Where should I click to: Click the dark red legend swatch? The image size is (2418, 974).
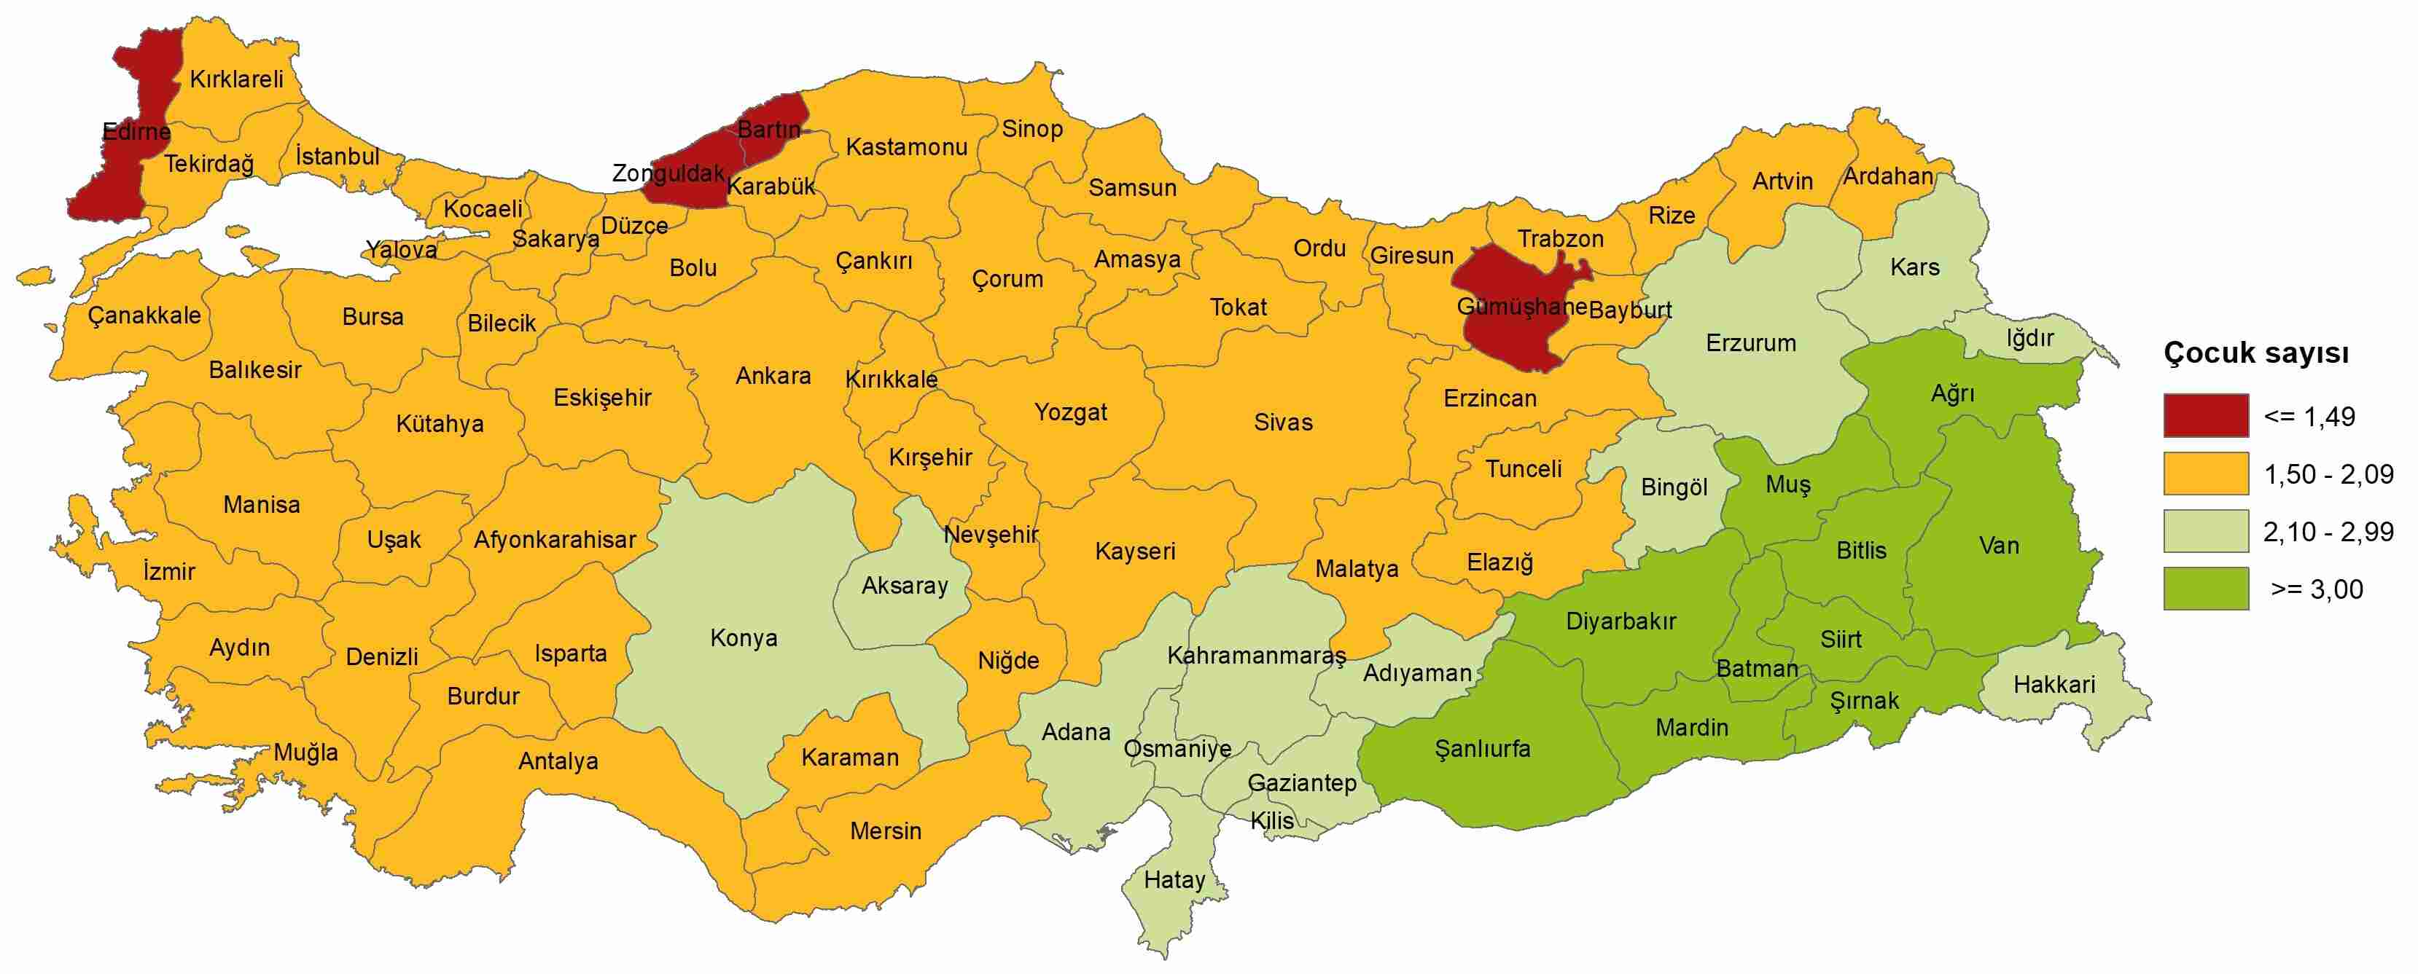2206,416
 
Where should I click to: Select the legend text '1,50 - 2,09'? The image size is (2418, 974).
2328,475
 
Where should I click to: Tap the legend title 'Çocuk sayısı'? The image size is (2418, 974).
2255,354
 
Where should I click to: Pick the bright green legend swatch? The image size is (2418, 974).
2206,589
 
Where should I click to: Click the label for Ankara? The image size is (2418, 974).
773,377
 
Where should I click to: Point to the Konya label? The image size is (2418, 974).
744,639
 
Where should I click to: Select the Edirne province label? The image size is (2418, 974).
136,131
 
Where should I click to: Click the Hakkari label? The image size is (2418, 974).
2054,685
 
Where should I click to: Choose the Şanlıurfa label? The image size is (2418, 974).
1482,749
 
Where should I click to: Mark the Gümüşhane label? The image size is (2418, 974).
1521,307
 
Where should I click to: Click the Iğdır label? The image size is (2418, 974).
2029,338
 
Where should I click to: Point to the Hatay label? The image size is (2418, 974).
1174,880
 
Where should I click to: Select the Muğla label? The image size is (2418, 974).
306,753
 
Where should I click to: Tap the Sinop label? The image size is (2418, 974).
1031,130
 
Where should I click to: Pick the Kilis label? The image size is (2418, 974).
1272,821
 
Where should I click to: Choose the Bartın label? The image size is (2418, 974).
769,130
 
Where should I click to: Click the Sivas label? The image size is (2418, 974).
1282,423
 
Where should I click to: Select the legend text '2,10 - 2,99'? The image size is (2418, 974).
2328,532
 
